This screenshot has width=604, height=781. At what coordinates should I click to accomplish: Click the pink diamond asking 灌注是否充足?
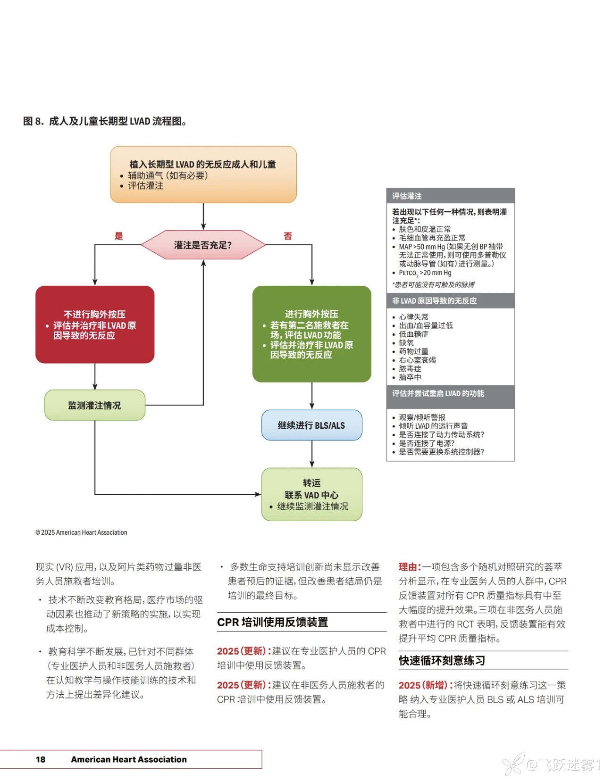pos(203,245)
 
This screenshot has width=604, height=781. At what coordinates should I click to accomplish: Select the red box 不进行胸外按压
pos(95,324)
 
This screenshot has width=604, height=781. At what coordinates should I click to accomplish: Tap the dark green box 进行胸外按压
pos(311,334)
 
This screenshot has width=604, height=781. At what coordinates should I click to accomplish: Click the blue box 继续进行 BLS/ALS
pos(311,425)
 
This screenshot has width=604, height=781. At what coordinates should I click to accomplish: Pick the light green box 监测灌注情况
pos(94,405)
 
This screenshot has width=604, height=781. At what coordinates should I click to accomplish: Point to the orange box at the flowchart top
pos(203,174)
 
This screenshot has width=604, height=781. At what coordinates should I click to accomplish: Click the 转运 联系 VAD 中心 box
pos(311,494)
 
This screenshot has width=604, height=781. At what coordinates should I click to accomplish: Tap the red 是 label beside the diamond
pos(118,236)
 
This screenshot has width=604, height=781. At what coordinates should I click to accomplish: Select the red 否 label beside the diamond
pos(288,236)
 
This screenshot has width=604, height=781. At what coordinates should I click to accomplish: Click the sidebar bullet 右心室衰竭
pos(417,360)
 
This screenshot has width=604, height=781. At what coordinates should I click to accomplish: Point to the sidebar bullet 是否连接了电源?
pos(427,443)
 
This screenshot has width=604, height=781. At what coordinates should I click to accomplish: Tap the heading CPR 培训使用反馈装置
pos(272,622)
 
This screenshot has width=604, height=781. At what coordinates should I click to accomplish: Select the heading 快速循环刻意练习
pos(442,661)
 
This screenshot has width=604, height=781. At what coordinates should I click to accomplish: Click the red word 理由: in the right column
pos(409,567)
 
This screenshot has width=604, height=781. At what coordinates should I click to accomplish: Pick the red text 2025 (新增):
pos(425,685)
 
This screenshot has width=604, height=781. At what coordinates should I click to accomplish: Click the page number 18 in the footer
pos(41,759)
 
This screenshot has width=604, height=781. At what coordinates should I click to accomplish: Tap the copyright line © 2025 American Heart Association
pos(81,532)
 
